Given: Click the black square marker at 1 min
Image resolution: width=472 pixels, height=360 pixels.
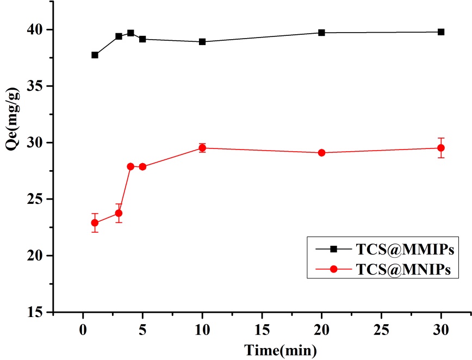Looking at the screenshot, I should click(95, 55).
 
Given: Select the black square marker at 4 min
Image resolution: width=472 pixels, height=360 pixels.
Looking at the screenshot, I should click(131, 33).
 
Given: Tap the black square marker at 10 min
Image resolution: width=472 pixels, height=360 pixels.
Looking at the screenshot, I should click(202, 42).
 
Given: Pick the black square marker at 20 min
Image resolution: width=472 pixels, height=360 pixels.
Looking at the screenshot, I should click(321, 33).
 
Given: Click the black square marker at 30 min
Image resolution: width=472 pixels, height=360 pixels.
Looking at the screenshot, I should click(441, 32).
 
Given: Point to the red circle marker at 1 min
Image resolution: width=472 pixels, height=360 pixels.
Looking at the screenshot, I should click(95, 222).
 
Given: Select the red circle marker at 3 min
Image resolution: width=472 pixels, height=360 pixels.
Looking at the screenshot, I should click(119, 213).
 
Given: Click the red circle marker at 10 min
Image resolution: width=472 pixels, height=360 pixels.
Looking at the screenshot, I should click(202, 148).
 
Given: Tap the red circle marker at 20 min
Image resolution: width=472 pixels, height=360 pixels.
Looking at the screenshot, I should click(321, 153).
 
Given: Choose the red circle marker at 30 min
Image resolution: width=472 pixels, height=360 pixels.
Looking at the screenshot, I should click(441, 148).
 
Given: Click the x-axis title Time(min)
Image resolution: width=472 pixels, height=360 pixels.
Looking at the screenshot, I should click(280, 349).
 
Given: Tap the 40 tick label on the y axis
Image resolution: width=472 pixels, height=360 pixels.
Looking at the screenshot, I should click(36, 29).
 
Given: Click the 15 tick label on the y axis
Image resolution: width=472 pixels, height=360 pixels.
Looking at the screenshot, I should click(36, 313).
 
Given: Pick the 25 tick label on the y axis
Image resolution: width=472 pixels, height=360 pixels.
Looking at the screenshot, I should click(36, 199).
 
